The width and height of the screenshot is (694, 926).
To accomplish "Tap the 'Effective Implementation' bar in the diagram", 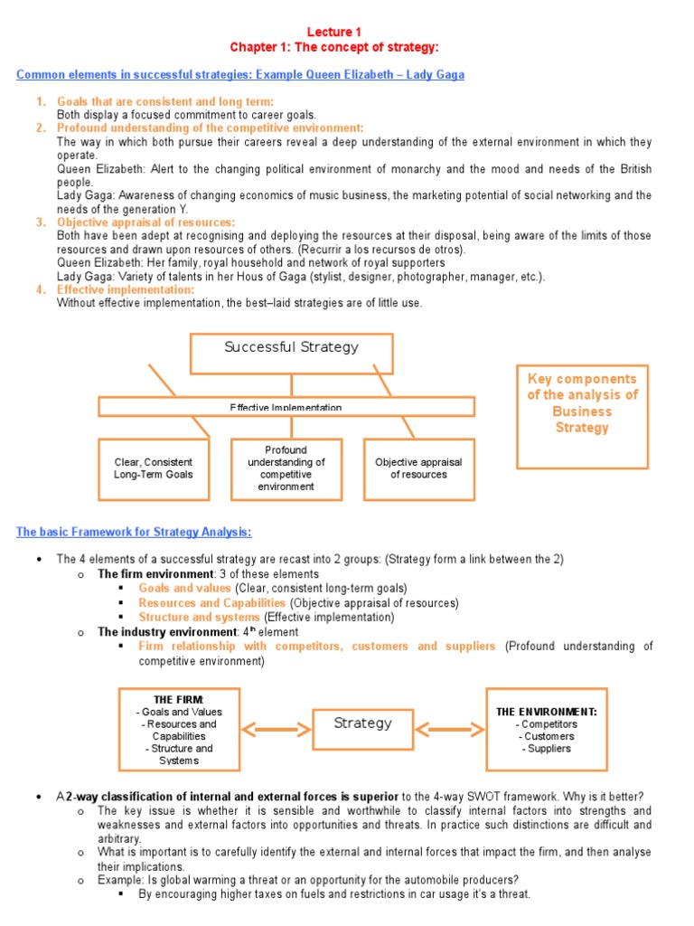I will [286, 407].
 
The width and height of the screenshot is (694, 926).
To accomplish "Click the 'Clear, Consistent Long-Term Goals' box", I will [153, 468].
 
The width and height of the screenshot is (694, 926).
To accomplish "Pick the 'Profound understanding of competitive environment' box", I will [286, 468].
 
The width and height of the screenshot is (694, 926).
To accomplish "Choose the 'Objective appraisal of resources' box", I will [418, 468].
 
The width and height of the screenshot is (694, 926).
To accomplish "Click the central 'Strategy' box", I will [362, 723].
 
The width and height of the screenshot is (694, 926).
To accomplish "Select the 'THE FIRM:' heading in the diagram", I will [179, 700].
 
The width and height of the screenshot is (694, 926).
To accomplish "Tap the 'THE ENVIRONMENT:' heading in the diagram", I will [547, 712].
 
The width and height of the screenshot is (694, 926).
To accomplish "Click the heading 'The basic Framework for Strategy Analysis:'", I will [134, 532].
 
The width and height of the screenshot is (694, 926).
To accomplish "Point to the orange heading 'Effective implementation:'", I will [126, 289].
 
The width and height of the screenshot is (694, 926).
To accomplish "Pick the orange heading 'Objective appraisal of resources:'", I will [145, 222].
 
